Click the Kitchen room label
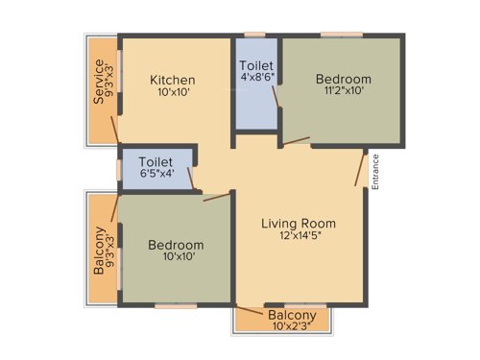(x=173, y=80)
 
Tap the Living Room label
(x=299, y=224)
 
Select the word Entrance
(x=376, y=173)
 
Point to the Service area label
(x=98, y=84)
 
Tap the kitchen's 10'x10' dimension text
(x=173, y=94)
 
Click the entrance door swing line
(x=360, y=169)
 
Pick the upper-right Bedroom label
(x=344, y=80)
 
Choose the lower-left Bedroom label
(x=176, y=246)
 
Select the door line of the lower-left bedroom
(x=217, y=198)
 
